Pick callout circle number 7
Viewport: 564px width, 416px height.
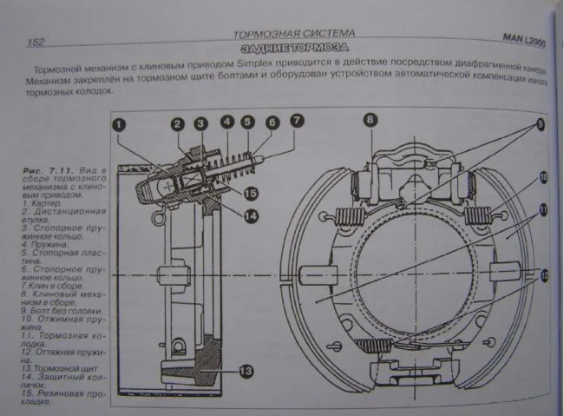(x=297, y=122)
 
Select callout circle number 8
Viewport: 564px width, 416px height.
(x=370, y=120)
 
